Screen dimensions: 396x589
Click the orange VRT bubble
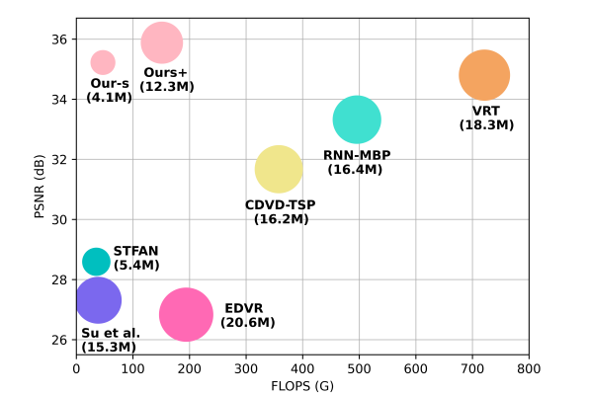point(483,74)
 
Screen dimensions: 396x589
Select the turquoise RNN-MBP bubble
point(357,119)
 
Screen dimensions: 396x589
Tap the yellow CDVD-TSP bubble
point(279,169)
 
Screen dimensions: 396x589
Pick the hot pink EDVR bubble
point(186,314)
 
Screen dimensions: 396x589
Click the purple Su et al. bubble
point(98,300)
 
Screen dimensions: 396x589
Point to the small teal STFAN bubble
point(96,261)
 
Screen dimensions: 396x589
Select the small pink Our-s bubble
point(103,62)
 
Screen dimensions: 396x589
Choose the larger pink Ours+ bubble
point(162,42)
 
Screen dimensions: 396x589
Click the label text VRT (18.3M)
point(486,118)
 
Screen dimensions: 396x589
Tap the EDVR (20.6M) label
point(247,315)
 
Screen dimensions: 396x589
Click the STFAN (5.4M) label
point(135,259)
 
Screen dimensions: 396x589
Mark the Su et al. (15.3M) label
point(110,340)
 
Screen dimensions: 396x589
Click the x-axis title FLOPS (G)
point(302,385)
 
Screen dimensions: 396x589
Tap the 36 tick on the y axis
point(59,40)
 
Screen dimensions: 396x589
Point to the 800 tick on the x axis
point(529,367)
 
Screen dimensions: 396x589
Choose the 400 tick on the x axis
point(302,367)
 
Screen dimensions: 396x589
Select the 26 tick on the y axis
point(59,340)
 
